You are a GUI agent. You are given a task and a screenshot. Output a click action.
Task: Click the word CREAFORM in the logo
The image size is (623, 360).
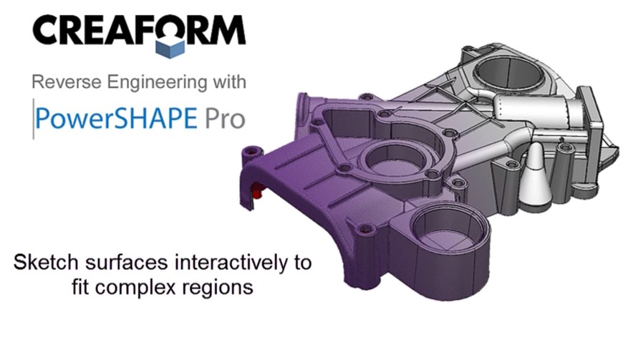139,30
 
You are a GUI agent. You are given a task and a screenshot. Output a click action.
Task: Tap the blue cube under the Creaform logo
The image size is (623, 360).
170,48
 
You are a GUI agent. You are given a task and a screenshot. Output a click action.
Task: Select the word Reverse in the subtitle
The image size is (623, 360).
67,82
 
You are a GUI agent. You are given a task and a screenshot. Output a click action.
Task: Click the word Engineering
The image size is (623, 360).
157,83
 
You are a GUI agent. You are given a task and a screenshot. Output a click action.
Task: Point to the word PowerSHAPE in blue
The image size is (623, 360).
116,118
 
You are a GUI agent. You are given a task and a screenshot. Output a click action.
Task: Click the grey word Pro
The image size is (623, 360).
225,118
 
